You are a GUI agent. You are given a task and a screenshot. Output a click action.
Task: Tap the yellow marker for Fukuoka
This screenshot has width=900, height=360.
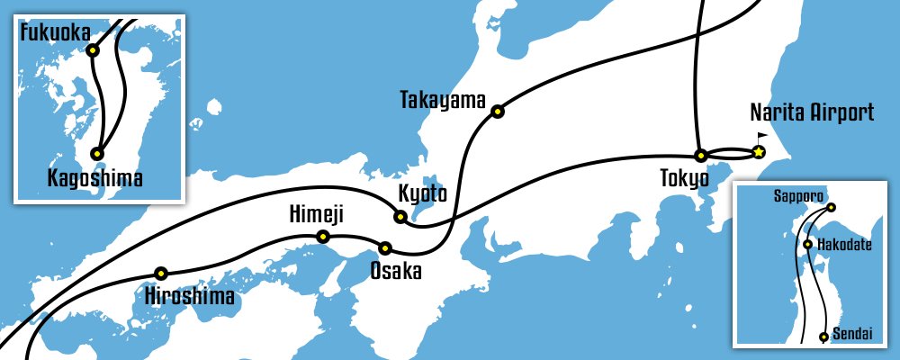coord(93,50)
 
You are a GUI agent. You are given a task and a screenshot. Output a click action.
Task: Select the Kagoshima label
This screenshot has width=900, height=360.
coord(94,178)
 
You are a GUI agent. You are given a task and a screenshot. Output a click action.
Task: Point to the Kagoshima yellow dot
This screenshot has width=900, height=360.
coord(97,154)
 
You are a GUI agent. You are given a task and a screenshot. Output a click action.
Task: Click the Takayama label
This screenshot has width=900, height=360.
coord(442,100)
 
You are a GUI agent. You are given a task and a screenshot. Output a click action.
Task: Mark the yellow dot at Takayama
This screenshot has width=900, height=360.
coord(497,112)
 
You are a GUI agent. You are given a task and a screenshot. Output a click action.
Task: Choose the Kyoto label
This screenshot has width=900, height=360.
coord(422,193)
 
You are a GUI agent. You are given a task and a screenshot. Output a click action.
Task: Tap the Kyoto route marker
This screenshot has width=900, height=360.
coord(400,216)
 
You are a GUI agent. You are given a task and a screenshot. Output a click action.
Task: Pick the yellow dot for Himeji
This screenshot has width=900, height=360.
coord(323,238)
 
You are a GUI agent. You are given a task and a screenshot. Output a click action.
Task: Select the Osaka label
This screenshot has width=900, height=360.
coord(396,269)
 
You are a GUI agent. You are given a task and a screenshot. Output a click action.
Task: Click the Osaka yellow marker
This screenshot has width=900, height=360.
coord(385,247)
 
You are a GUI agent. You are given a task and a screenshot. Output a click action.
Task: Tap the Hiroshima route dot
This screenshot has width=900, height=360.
coord(161,273)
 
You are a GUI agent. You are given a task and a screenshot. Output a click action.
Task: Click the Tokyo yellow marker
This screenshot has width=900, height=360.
coord(699,155)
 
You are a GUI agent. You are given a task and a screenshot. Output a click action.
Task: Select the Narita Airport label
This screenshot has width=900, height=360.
coord(812,113)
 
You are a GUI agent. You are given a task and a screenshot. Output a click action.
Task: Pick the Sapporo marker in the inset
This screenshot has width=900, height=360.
coord(831,208)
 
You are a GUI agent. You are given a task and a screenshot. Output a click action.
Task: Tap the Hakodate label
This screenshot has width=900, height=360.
coord(844,245)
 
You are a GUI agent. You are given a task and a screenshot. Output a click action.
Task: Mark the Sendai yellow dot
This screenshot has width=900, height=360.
coord(823,337)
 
